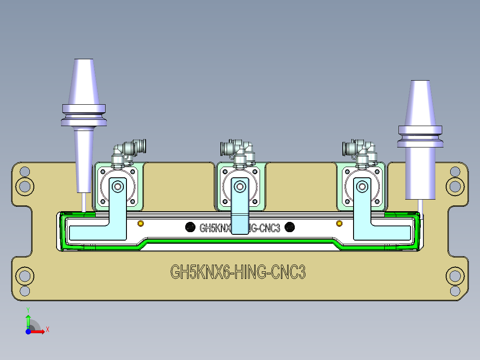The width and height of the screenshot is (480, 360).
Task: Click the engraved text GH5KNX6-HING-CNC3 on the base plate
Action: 238,271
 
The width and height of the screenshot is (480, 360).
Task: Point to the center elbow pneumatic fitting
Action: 238,149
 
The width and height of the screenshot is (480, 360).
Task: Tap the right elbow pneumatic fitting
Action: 361,149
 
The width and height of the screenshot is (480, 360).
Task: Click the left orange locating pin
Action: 141,223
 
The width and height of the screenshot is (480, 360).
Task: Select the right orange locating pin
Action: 339,223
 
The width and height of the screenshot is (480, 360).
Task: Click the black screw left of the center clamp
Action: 190,227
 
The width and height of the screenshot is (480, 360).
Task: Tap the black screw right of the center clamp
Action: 290,227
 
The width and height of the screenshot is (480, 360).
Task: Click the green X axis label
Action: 48,329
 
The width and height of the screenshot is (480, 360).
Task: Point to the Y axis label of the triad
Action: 28,309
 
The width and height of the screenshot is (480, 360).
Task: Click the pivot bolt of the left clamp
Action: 118,186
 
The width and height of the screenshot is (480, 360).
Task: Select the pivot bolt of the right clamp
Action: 362,186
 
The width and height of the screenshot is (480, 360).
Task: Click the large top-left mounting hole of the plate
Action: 24,184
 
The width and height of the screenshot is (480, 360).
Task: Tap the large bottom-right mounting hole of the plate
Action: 455,277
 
